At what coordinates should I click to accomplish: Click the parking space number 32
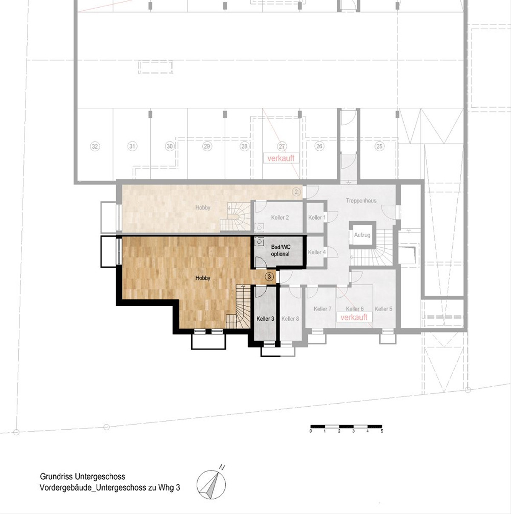click(95, 146)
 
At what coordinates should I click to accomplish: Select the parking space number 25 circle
click(379, 146)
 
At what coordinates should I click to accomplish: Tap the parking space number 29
click(207, 146)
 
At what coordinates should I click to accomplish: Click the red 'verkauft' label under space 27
click(281, 158)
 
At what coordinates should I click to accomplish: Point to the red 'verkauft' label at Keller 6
click(354, 317)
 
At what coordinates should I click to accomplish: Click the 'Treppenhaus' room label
click(361, 200)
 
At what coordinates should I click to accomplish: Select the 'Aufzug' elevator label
click(362, 235)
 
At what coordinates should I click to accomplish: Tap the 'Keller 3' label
click(265, 319)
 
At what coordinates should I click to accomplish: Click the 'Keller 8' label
click(290, 319)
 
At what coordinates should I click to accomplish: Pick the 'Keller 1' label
click(317, 217)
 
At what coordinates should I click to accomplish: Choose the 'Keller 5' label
click(383, 309)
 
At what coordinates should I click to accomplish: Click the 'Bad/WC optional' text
click(280, 250)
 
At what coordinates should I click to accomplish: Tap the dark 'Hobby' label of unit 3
click(203, 278)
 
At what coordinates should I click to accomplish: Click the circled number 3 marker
click(269, 277)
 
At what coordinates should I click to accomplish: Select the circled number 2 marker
click(296, 192)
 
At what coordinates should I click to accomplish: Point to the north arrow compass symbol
click(211, 484)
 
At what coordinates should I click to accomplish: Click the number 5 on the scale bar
click(382, 431)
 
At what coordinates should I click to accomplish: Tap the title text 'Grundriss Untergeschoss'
click(83, 477)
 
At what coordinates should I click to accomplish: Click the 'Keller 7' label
click(323, 309)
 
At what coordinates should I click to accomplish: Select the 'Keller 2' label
click(280, 217)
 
